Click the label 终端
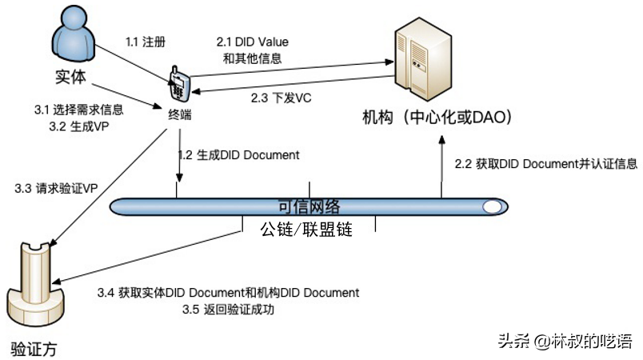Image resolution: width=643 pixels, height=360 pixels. pyautogui.click(x=179, y=115)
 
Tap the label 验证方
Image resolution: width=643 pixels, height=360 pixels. pyautogui.click(x=34, y=350)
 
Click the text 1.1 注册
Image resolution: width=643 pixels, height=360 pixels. pyautogui.click(x=146, y=40)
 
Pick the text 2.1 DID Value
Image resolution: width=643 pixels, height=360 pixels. pyautogui.click(x=254, y=41)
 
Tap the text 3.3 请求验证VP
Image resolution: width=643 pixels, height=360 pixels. pyautogui.click(x=47, y=189)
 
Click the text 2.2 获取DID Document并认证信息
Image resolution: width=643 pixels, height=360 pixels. pyautogui.click(x=546, y=164)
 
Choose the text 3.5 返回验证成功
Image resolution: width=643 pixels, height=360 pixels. pyautogui.click(x=229, y=310)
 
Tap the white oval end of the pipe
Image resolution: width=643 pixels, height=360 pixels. pyautogui.click(x=493, y=207)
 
